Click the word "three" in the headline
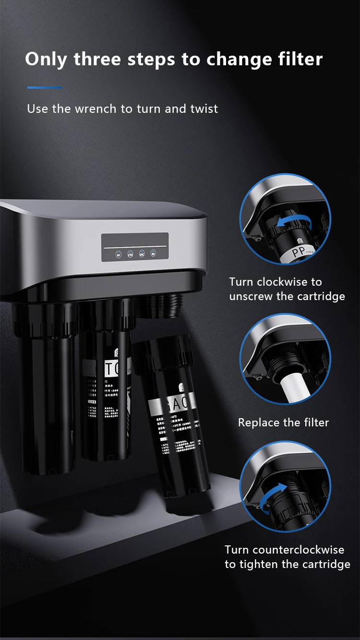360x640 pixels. pos(98,59)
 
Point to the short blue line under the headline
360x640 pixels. pos(45,87)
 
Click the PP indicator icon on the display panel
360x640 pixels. pos(119,254)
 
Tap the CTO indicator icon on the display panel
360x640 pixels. pos(130,254)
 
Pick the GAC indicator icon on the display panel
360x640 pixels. pos(142,254)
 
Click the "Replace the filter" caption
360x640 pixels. pos(283,423)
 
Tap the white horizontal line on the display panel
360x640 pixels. pos(135,247)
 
